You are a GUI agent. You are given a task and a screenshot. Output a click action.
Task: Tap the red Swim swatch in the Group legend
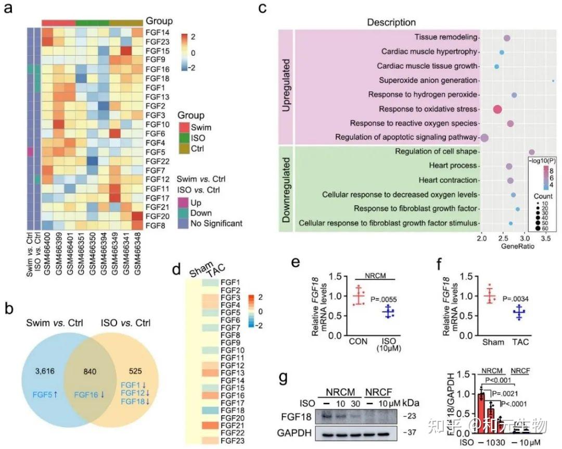[183, 127]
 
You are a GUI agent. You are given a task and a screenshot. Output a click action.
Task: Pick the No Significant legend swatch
[183, 223]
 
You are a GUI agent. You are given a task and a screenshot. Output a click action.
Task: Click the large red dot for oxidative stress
[497, 109]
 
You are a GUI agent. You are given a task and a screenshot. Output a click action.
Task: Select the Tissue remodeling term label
[446, 38]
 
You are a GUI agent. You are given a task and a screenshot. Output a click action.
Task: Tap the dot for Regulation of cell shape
[531, 152]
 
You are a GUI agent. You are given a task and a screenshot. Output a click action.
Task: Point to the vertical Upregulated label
[286, 86]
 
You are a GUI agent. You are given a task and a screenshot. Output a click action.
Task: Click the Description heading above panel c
[391, 22]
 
